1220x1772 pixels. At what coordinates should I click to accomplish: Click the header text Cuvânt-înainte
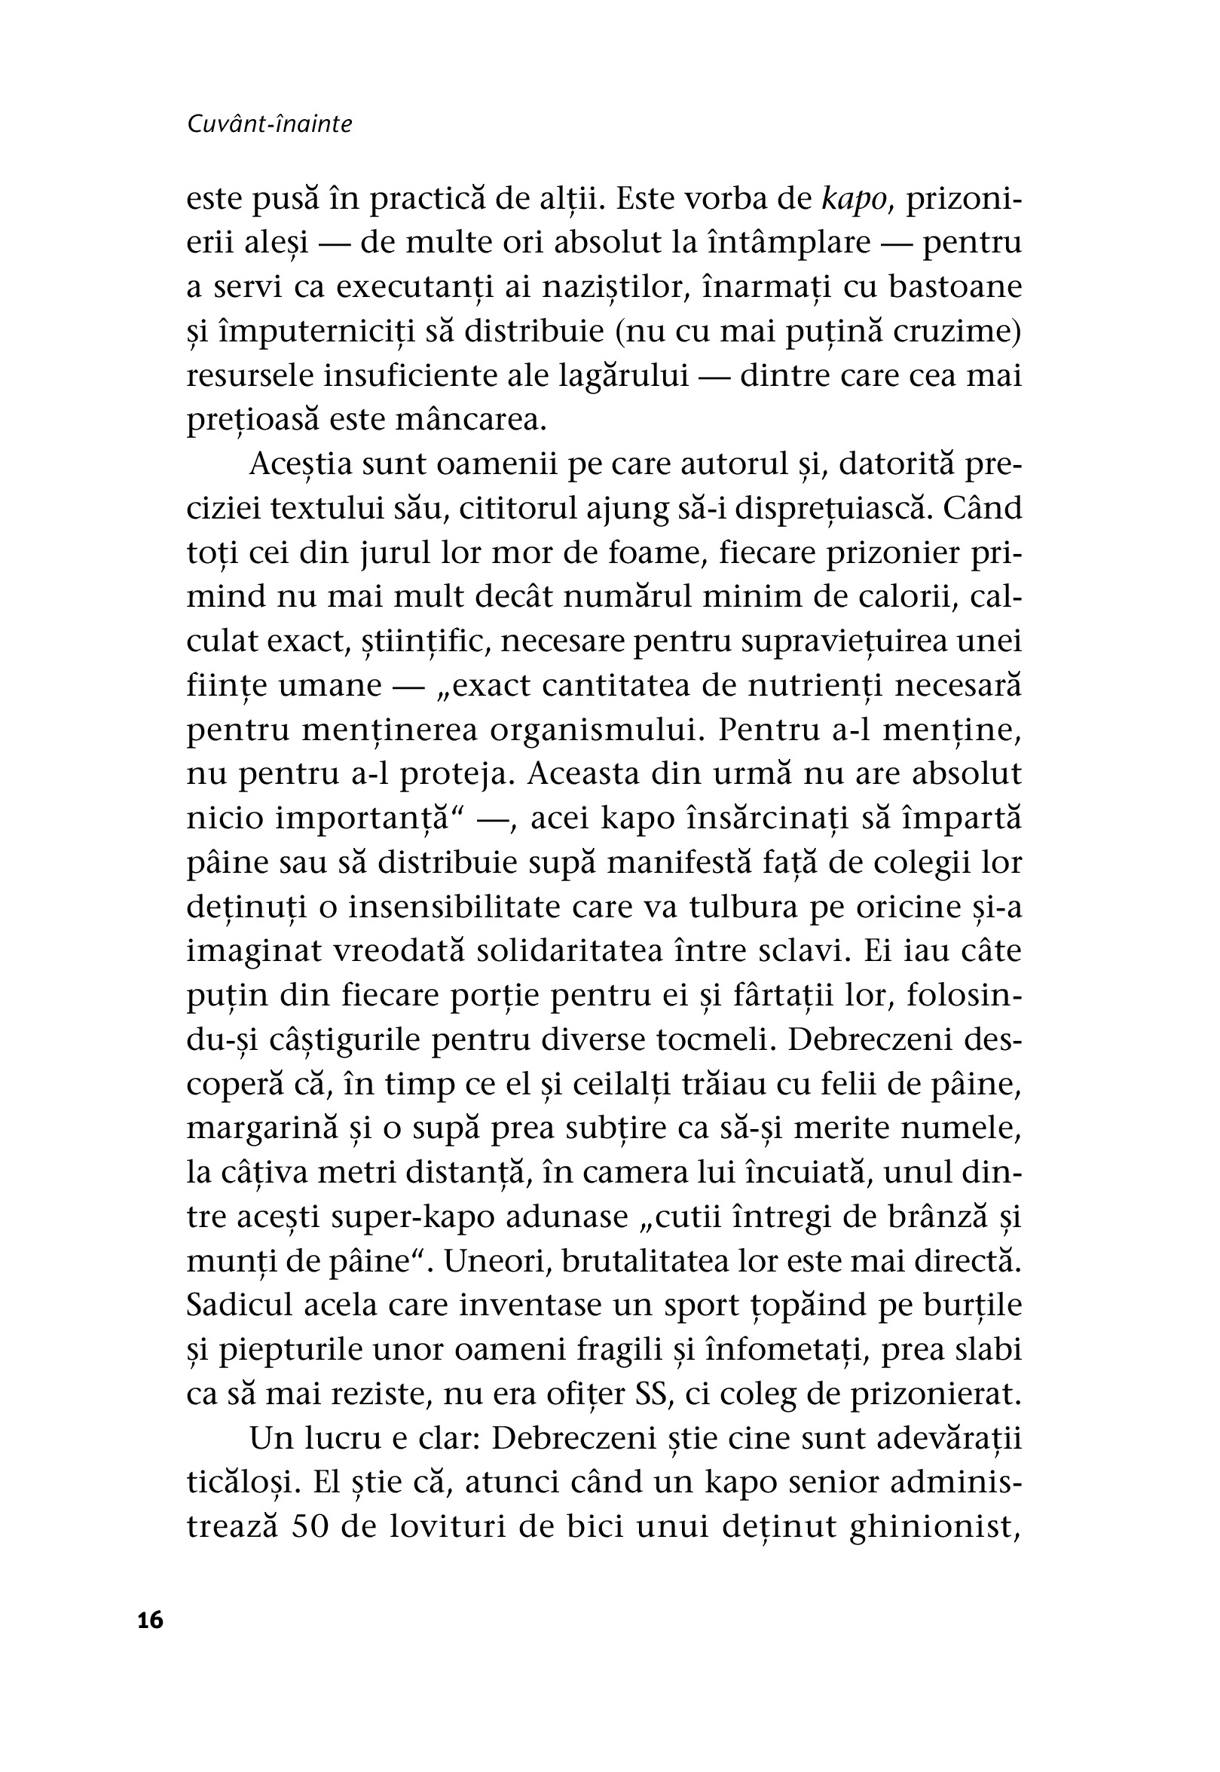(x=269, y=124)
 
